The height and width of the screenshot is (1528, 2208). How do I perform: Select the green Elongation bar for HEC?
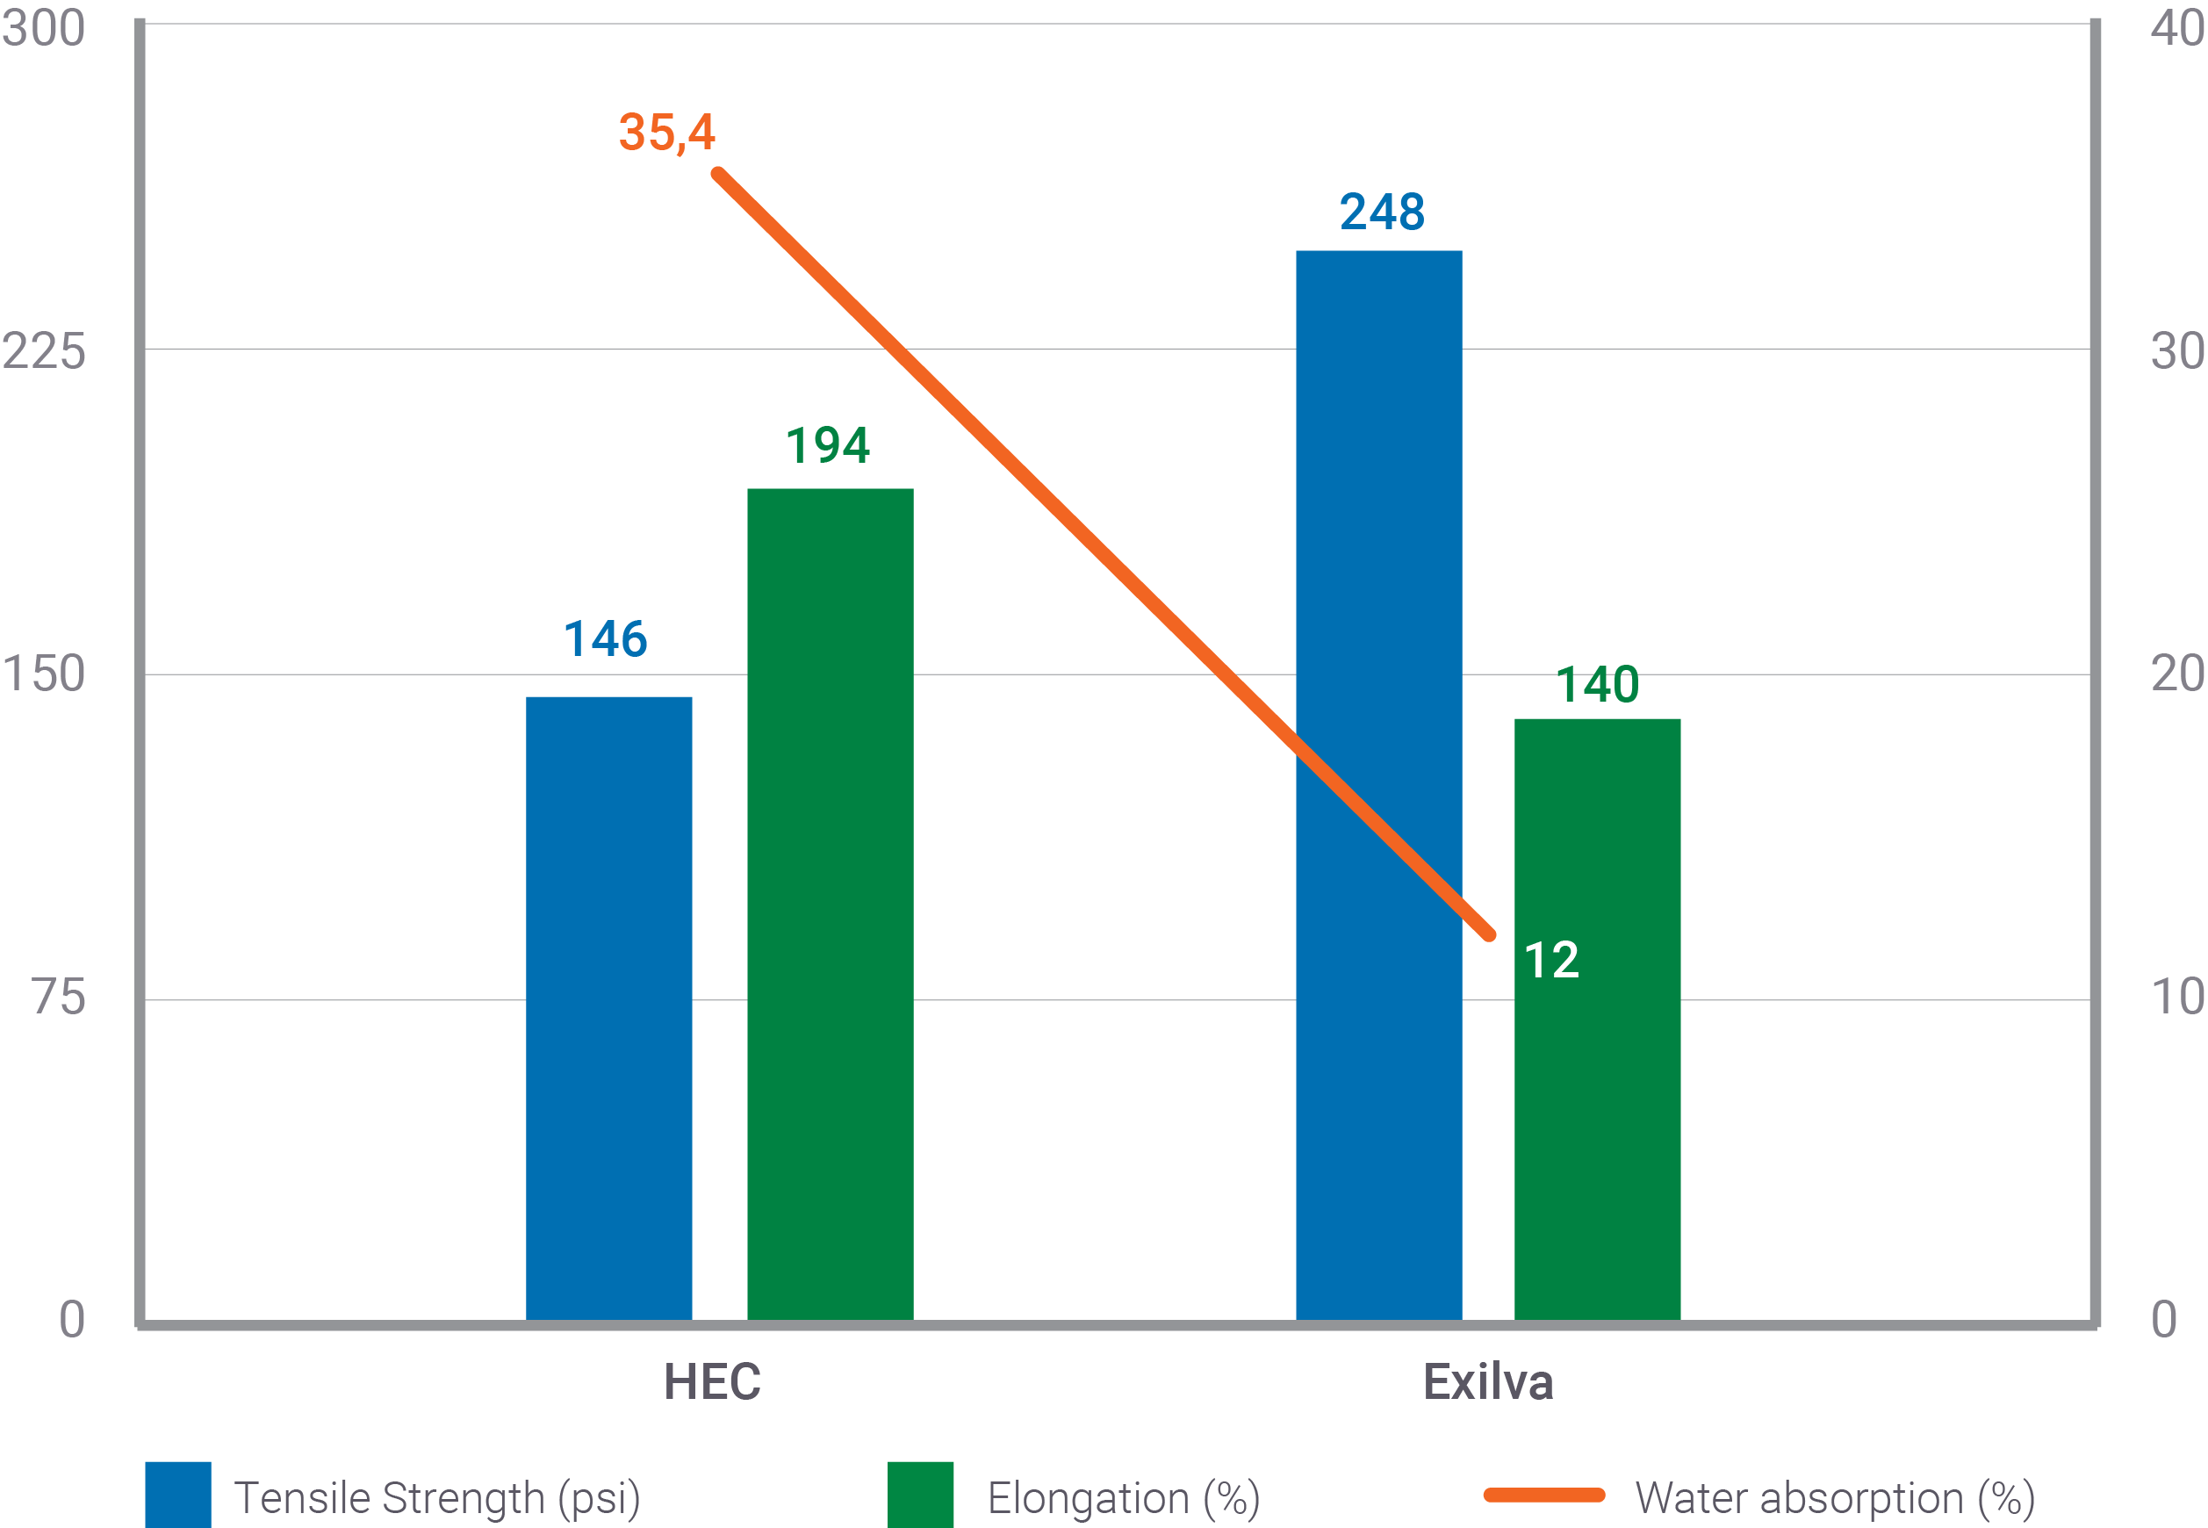coord(830,904)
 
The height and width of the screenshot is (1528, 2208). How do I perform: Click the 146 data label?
coord(605,638)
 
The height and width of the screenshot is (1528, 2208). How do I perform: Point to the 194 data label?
coord(828,445)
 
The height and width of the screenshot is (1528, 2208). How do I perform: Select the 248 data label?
coord(1381,212)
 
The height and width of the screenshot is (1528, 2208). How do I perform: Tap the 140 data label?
coord(1596,685)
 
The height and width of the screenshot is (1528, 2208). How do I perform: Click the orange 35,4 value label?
coord(666,132)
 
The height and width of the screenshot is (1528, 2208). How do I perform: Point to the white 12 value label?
coord(1550,960)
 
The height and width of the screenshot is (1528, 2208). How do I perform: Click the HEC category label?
coord(712,1381)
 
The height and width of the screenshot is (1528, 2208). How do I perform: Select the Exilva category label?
coord(1487,1381)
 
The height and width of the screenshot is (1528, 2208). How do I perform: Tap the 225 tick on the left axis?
coord(44,350)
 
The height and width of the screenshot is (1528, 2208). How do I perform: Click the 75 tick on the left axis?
coord(57,998)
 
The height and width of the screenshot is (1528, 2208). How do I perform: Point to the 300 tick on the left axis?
coord(44,28)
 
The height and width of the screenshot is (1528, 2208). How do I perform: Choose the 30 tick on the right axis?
coord(2176,350)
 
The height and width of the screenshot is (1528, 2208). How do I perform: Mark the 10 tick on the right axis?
coord(2176,998)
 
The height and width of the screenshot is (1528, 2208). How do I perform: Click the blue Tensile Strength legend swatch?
coord(178,1494)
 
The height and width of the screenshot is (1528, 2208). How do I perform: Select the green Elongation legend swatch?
coord(920,1494)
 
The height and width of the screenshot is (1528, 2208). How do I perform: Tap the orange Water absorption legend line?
coord(1543,1496)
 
